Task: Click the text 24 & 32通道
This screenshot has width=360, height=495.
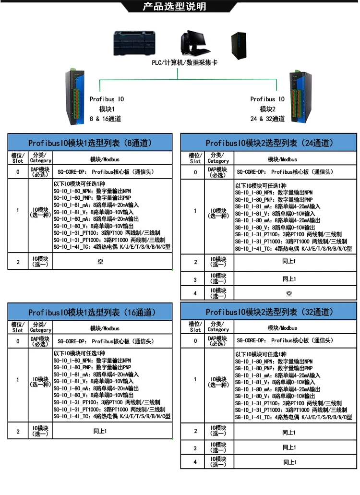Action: click(267, 119)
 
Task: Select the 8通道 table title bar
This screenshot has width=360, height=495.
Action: click(90, 143)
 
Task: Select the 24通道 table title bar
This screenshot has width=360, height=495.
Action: click(269, 143)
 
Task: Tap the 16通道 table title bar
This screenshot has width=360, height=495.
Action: click(90, 312)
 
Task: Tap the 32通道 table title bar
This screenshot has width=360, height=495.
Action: click(269, 312)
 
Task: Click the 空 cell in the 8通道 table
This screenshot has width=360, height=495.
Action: click(100, 262)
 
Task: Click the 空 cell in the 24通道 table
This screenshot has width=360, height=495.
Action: click(289, 293)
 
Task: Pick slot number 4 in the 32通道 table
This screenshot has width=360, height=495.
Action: click(195, 462)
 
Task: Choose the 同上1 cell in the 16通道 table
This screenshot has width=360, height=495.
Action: click(100, 431)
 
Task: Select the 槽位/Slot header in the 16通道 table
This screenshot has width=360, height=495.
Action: click(18, 327)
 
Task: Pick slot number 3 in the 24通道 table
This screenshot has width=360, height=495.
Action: click(195, 279)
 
